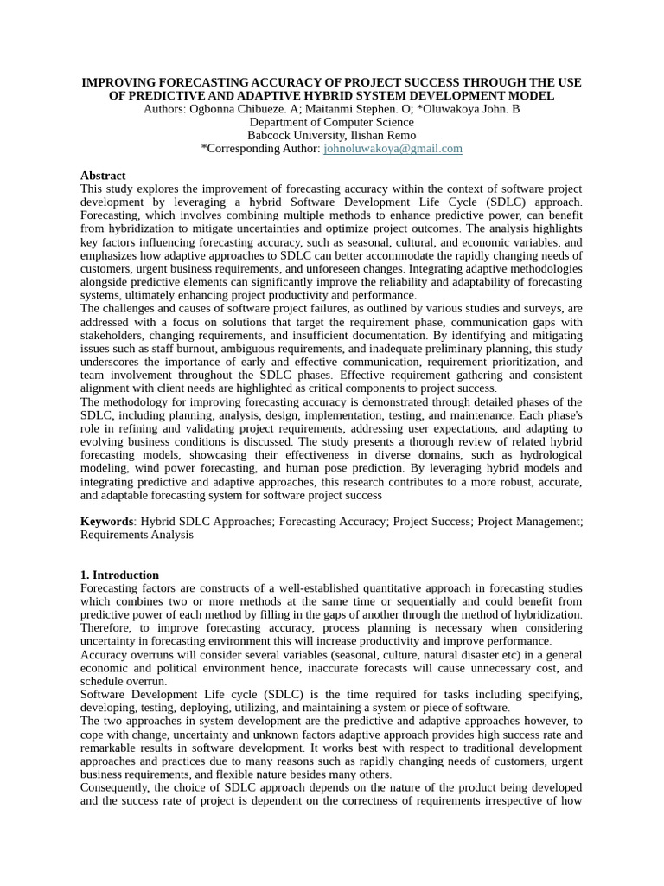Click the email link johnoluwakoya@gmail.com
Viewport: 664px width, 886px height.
393,149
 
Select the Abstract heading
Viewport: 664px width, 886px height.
103,176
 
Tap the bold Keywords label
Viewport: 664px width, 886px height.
107,521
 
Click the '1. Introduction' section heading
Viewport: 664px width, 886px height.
119,575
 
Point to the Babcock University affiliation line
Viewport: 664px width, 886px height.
331,135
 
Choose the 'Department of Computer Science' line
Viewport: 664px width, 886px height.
331,122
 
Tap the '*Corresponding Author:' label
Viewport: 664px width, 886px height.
260,149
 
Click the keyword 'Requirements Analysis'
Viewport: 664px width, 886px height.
137,535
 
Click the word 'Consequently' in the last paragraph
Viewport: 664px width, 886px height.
114,787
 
